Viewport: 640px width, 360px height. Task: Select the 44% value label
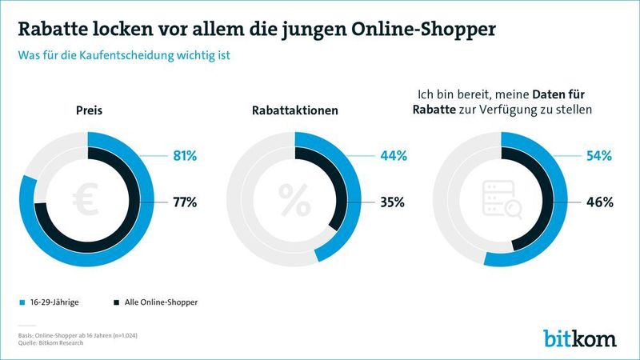coord(392,155)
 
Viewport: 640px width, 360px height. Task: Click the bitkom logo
coord(580,337)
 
